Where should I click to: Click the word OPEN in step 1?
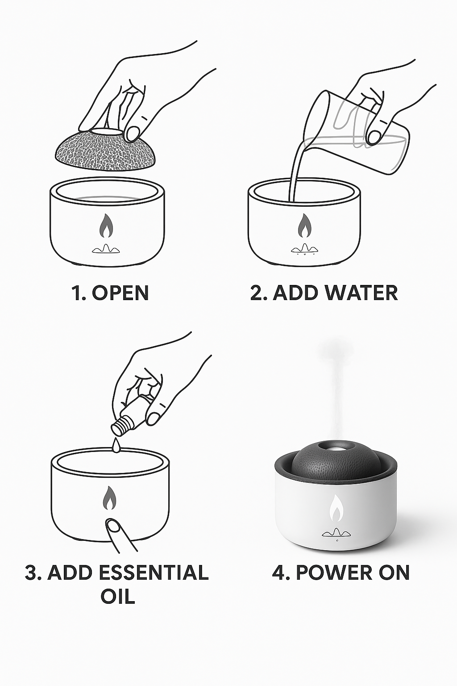[120, 293]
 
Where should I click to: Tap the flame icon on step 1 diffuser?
[107, 226]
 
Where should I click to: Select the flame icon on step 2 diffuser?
[304, 226]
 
